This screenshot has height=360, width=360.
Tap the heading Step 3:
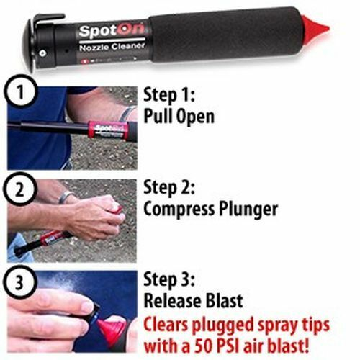[x=170, y=280]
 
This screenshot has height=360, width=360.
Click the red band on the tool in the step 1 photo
[x=107, y=130]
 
